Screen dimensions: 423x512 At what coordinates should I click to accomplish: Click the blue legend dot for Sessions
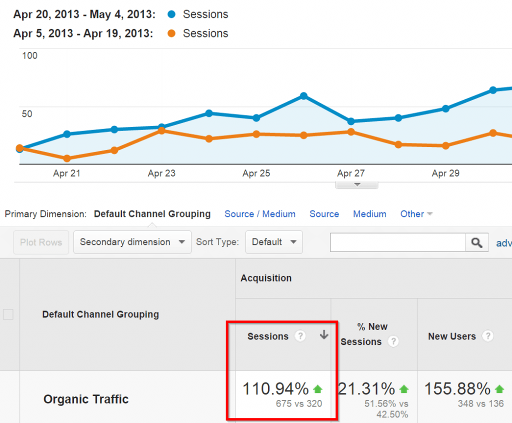coord(171,14)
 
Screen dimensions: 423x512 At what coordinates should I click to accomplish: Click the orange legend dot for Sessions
coord(171,33)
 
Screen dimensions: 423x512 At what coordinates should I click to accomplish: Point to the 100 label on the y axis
coord(30,55)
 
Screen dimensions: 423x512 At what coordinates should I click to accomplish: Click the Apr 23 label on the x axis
coord(161,173)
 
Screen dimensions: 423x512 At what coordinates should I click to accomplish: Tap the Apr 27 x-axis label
coord(351,173)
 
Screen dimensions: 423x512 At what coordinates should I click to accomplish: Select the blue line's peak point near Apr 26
coord(303,96)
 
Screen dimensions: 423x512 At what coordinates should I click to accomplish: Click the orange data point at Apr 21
coord(66,158)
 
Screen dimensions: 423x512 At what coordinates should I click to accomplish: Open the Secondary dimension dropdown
coord(132,242)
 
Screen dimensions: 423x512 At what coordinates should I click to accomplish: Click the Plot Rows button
coord(41,242)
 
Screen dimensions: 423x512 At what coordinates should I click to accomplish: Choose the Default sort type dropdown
coord(274,242)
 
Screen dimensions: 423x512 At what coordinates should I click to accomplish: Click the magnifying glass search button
coord(476,242)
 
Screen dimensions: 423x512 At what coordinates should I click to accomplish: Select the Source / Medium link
coord(260,214)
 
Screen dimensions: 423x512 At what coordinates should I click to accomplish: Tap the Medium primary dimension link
coord(369,214)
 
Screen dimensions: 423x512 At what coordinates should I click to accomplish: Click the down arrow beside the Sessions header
coord(324,335)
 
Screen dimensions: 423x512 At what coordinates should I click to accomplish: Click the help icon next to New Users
coord(487,336)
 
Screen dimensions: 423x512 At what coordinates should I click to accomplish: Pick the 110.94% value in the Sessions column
coord(275,388)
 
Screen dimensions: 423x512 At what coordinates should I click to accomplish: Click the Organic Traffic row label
coord(86,399)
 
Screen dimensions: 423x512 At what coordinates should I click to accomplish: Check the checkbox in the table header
coord(8,314)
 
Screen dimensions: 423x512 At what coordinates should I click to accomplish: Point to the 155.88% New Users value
coord(457,388)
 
